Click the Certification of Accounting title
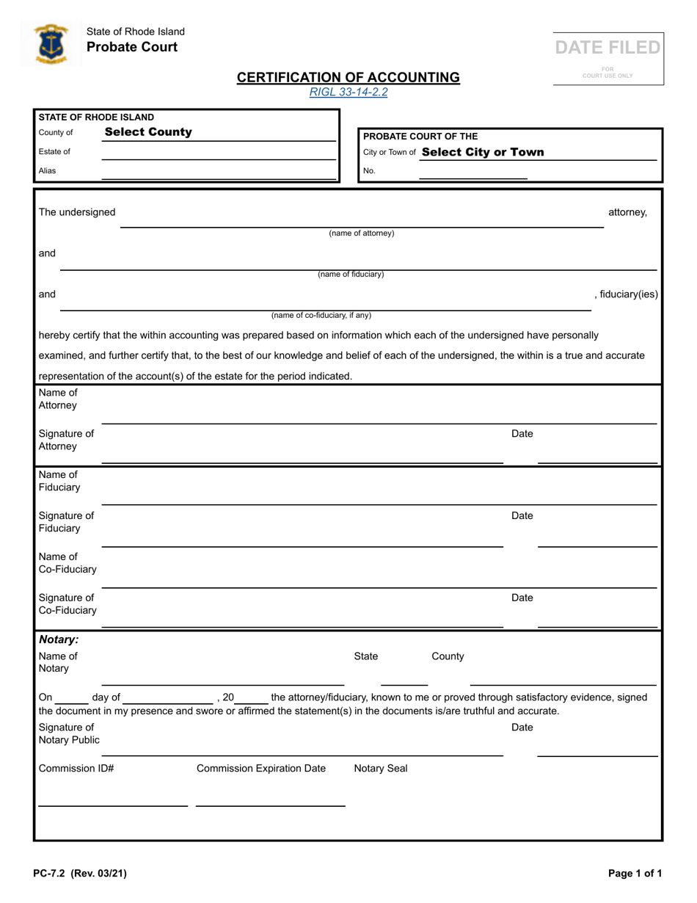(x=348, y=77)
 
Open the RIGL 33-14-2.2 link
(x=348, y=93)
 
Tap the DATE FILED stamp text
(x=607, y=48)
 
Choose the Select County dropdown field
(x=148, y=132)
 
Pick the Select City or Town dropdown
(x=483, y=152)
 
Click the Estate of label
(x=54, y=152)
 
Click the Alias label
(x=47, y=171)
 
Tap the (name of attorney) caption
(x=361, y=233)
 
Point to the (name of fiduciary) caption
(x=351, y=275)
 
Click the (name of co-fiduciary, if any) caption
(x=321, y=316)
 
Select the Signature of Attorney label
(x=66, y=440)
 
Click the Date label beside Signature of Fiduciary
(x=522, y=516)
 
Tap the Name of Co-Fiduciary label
(x=67, y=563)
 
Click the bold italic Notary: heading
(x=59, y=640)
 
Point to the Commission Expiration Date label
(x=261, y=769)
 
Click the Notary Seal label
(x=381, y=769)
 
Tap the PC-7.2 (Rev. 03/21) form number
(x=80, y=874)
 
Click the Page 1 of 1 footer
(x=635, y=874)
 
